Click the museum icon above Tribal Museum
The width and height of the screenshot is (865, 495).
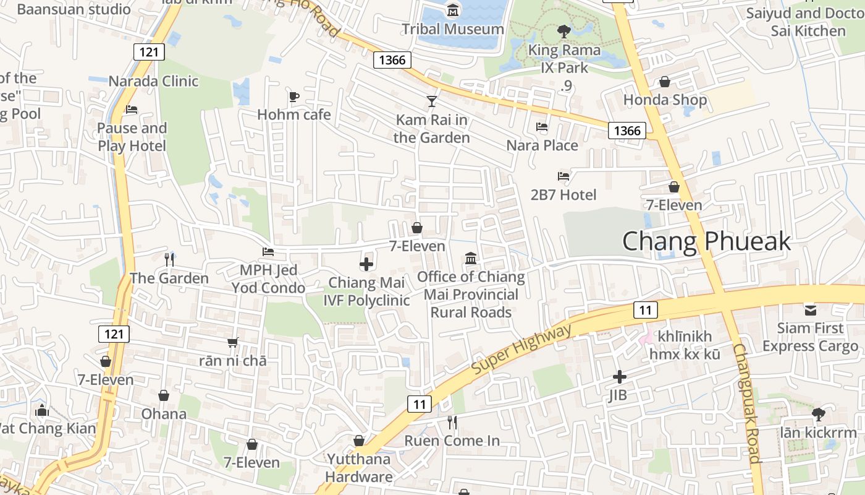coord(454,10)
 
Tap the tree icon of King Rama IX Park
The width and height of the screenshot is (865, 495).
coord(563,31)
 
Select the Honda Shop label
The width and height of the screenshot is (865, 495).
coord(665,100)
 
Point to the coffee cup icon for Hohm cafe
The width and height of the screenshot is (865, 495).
coord(294,97)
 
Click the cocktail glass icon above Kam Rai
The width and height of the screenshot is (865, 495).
coord(431,101)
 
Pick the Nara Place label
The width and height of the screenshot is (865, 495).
coord(542,145)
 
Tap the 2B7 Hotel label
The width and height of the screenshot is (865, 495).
coord(563,195)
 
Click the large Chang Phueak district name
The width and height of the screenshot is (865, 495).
coord(706,241)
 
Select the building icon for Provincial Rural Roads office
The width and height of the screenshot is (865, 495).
coord(471,258)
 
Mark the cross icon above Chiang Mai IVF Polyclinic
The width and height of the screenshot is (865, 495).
coord(366,264)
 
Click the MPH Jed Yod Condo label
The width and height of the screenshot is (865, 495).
coord(268,279)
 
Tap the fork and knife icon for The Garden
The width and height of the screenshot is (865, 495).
coord(169,259)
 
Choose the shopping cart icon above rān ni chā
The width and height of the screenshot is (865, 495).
coord(232,342)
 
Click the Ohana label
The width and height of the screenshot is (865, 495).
coord(164,414)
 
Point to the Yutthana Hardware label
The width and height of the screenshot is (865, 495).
coord(359,468)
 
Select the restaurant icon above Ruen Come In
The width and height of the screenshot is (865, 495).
coord(452,423)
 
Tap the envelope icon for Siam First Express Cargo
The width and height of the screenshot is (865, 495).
coord(810,309)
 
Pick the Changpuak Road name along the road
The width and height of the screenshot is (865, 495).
coord(746,402)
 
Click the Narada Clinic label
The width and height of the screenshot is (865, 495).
coord(153,81)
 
